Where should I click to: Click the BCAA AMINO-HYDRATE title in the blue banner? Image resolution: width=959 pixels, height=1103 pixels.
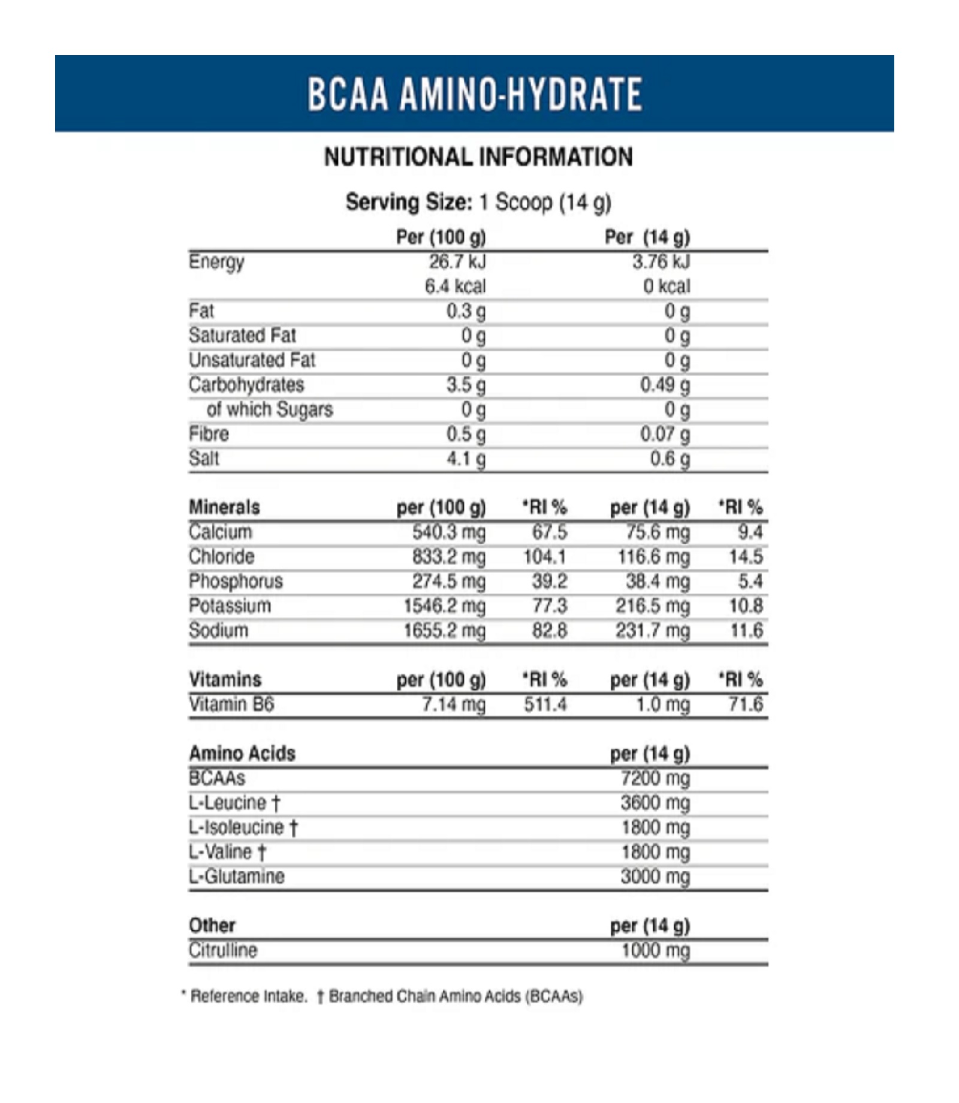475,94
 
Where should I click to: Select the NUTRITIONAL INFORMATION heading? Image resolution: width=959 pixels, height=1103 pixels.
478,157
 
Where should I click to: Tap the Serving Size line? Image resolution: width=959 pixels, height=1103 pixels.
478,203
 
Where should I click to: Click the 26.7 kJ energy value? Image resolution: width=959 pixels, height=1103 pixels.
457,262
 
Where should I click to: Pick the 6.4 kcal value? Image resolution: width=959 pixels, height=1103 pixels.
455,287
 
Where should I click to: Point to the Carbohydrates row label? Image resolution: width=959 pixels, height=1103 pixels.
246,385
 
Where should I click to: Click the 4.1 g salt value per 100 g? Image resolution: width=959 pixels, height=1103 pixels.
466,459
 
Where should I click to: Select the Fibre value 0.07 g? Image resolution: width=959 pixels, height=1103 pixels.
665,435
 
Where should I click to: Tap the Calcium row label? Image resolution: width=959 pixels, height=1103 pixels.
221,532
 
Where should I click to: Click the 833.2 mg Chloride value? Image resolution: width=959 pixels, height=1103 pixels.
448,557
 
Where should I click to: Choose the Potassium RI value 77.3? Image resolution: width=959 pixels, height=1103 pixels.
550,606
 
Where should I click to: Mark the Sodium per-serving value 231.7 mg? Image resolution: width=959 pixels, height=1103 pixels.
653,631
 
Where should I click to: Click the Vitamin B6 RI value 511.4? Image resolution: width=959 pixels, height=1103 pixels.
545,704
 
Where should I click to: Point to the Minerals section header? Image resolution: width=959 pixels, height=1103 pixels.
224,507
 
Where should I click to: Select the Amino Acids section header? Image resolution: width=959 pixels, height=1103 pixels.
242,754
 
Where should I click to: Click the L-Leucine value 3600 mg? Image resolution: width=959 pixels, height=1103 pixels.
655,803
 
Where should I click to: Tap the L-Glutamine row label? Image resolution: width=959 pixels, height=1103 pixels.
237,876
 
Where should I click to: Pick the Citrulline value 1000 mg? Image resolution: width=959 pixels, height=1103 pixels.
656,950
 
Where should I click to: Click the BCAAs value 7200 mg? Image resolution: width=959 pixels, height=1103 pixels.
655,778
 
